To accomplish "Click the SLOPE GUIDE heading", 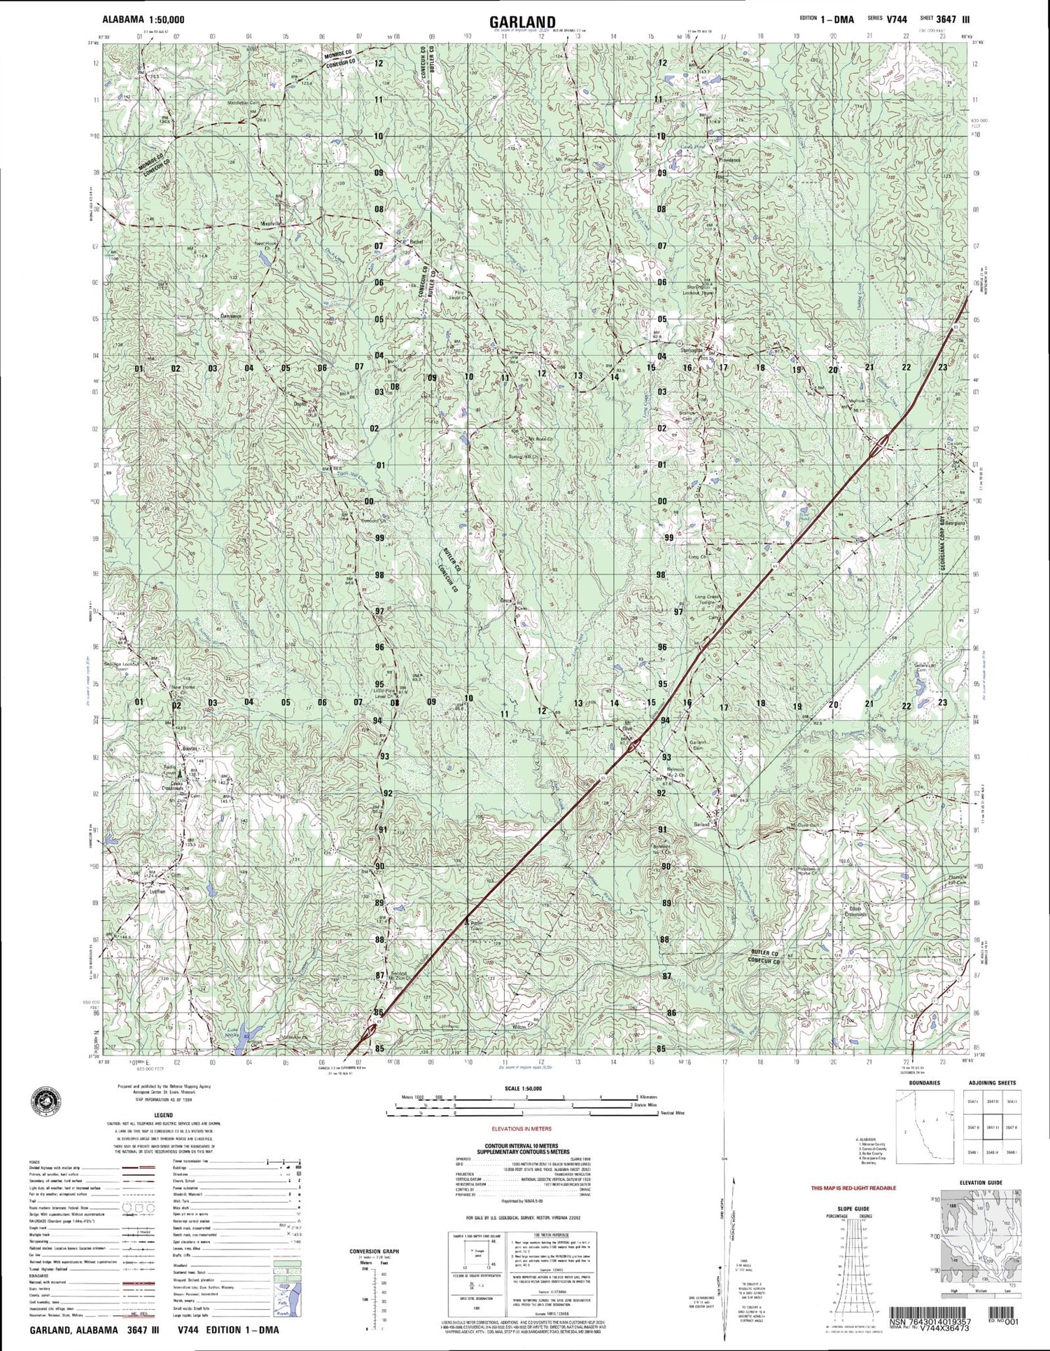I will pos(853,1209).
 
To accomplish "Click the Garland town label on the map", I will pos(701,825).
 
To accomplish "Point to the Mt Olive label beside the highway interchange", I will pos(628,726).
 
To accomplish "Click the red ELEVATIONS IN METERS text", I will pos(521,1129).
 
